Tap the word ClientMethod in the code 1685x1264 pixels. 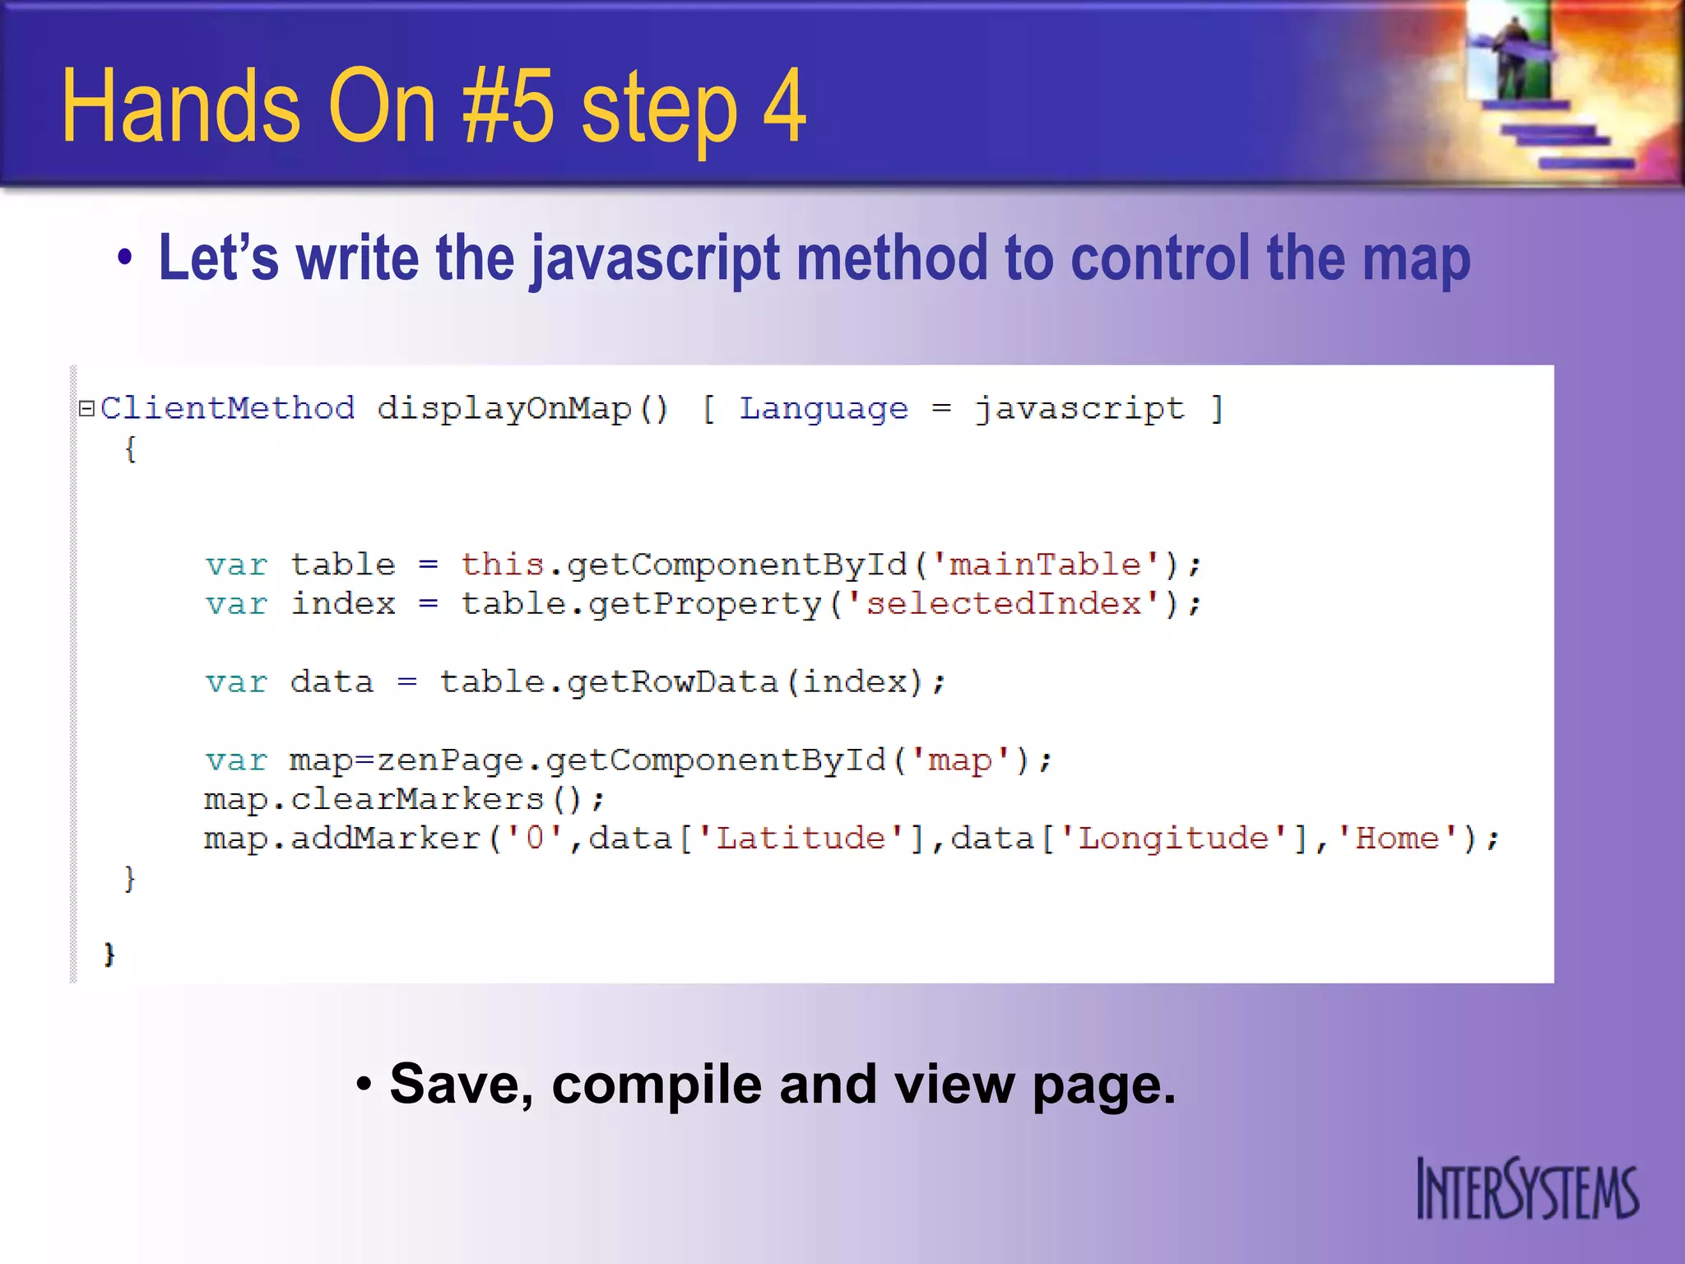pos(228,408)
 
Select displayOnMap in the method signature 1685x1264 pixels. pos(504,408)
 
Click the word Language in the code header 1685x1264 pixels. pos(824,408)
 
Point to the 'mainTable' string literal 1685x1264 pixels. pos(1045,565)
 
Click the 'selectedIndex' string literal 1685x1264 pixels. pos(1003,604)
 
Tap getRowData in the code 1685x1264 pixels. pos(672,682)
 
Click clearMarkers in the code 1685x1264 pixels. pos(417,799)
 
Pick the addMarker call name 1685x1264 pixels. pos(385,839)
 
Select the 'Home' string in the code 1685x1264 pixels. pos(1396,839)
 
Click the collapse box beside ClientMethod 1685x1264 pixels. pos(86,408)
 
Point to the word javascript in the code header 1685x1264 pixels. pos(1079,408)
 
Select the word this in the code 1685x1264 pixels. pos(503,565)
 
